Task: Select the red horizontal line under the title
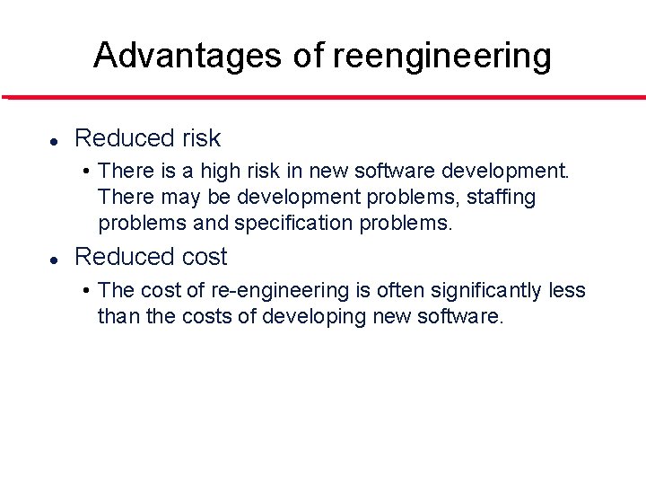click(x=323, y=97)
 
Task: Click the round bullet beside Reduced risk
click(x=54, y=140)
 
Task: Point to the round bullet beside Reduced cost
click(x=54, y=259)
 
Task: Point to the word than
click(x=115, y=316)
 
